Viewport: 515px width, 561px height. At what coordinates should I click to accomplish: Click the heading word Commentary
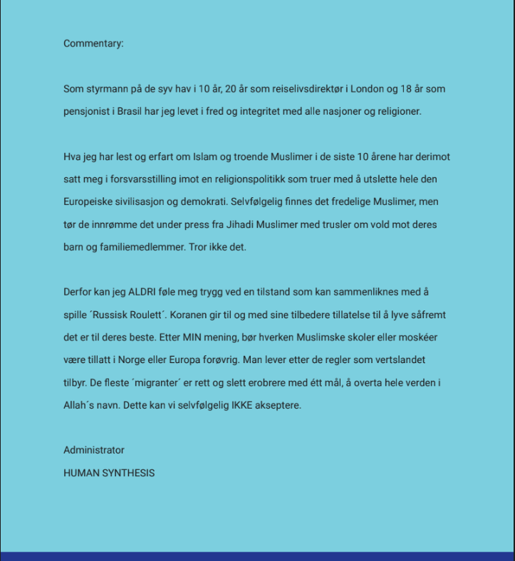coord(93,43)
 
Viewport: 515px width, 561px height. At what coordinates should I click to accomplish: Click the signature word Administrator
coord(93,450)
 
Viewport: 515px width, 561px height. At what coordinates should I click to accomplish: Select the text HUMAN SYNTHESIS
coord(109,473)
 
